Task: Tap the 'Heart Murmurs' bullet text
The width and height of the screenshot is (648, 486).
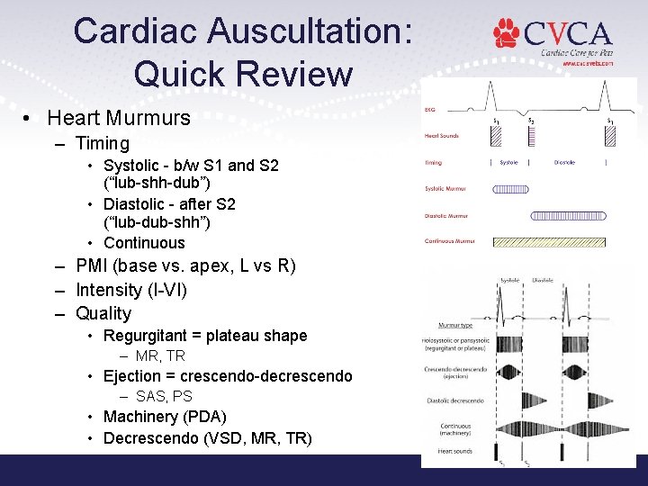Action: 119,118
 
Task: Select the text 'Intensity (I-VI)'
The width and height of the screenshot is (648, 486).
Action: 131,290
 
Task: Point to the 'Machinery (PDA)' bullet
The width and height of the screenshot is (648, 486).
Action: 164,417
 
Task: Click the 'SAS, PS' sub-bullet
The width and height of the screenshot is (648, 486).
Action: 164,396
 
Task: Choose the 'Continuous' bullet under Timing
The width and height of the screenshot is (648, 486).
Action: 144,243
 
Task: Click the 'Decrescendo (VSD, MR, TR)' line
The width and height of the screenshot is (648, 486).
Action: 208,438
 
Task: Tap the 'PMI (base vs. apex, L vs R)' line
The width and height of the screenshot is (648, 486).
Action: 185,266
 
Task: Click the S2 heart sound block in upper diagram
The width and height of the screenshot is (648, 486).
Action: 531,137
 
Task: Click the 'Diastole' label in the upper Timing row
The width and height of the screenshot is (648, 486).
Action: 565,163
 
